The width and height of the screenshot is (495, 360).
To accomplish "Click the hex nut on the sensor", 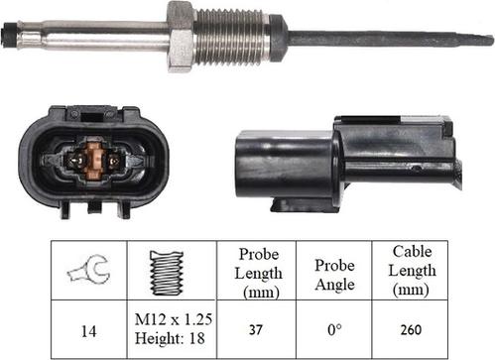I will pos(180,37).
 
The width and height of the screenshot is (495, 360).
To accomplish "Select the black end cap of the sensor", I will pos(10,39).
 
